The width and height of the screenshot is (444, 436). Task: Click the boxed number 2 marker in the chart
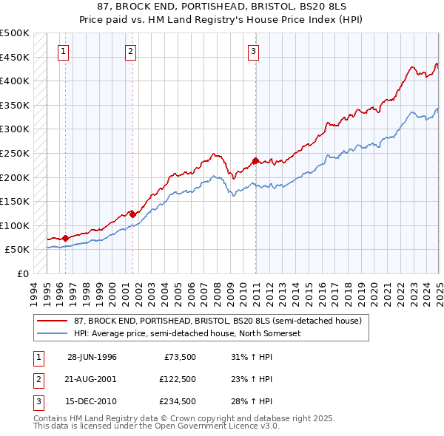(x=130, y=51)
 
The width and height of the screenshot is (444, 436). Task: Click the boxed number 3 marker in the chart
(x=253, y=51)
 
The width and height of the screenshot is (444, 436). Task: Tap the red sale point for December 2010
(x=255, y=160)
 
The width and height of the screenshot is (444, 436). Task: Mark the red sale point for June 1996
(x=65, y=238)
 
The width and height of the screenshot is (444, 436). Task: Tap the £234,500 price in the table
(x=178, y=403)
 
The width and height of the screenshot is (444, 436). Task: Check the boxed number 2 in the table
(x=38, y=380)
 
